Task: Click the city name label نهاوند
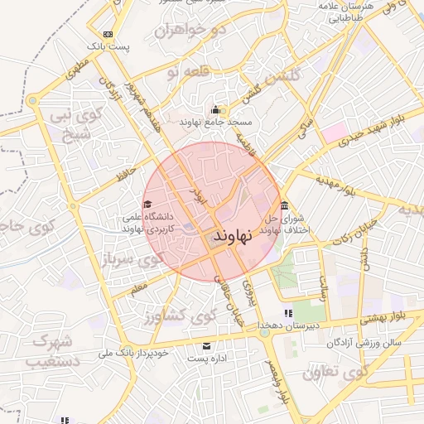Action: coord(225,237)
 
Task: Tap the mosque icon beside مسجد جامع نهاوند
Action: coord(216,110)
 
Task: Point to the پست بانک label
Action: coord(112,46)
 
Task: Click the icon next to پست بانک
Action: coord(107,34)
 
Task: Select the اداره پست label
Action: coord(206,359)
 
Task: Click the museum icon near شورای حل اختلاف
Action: coord(285,205)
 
